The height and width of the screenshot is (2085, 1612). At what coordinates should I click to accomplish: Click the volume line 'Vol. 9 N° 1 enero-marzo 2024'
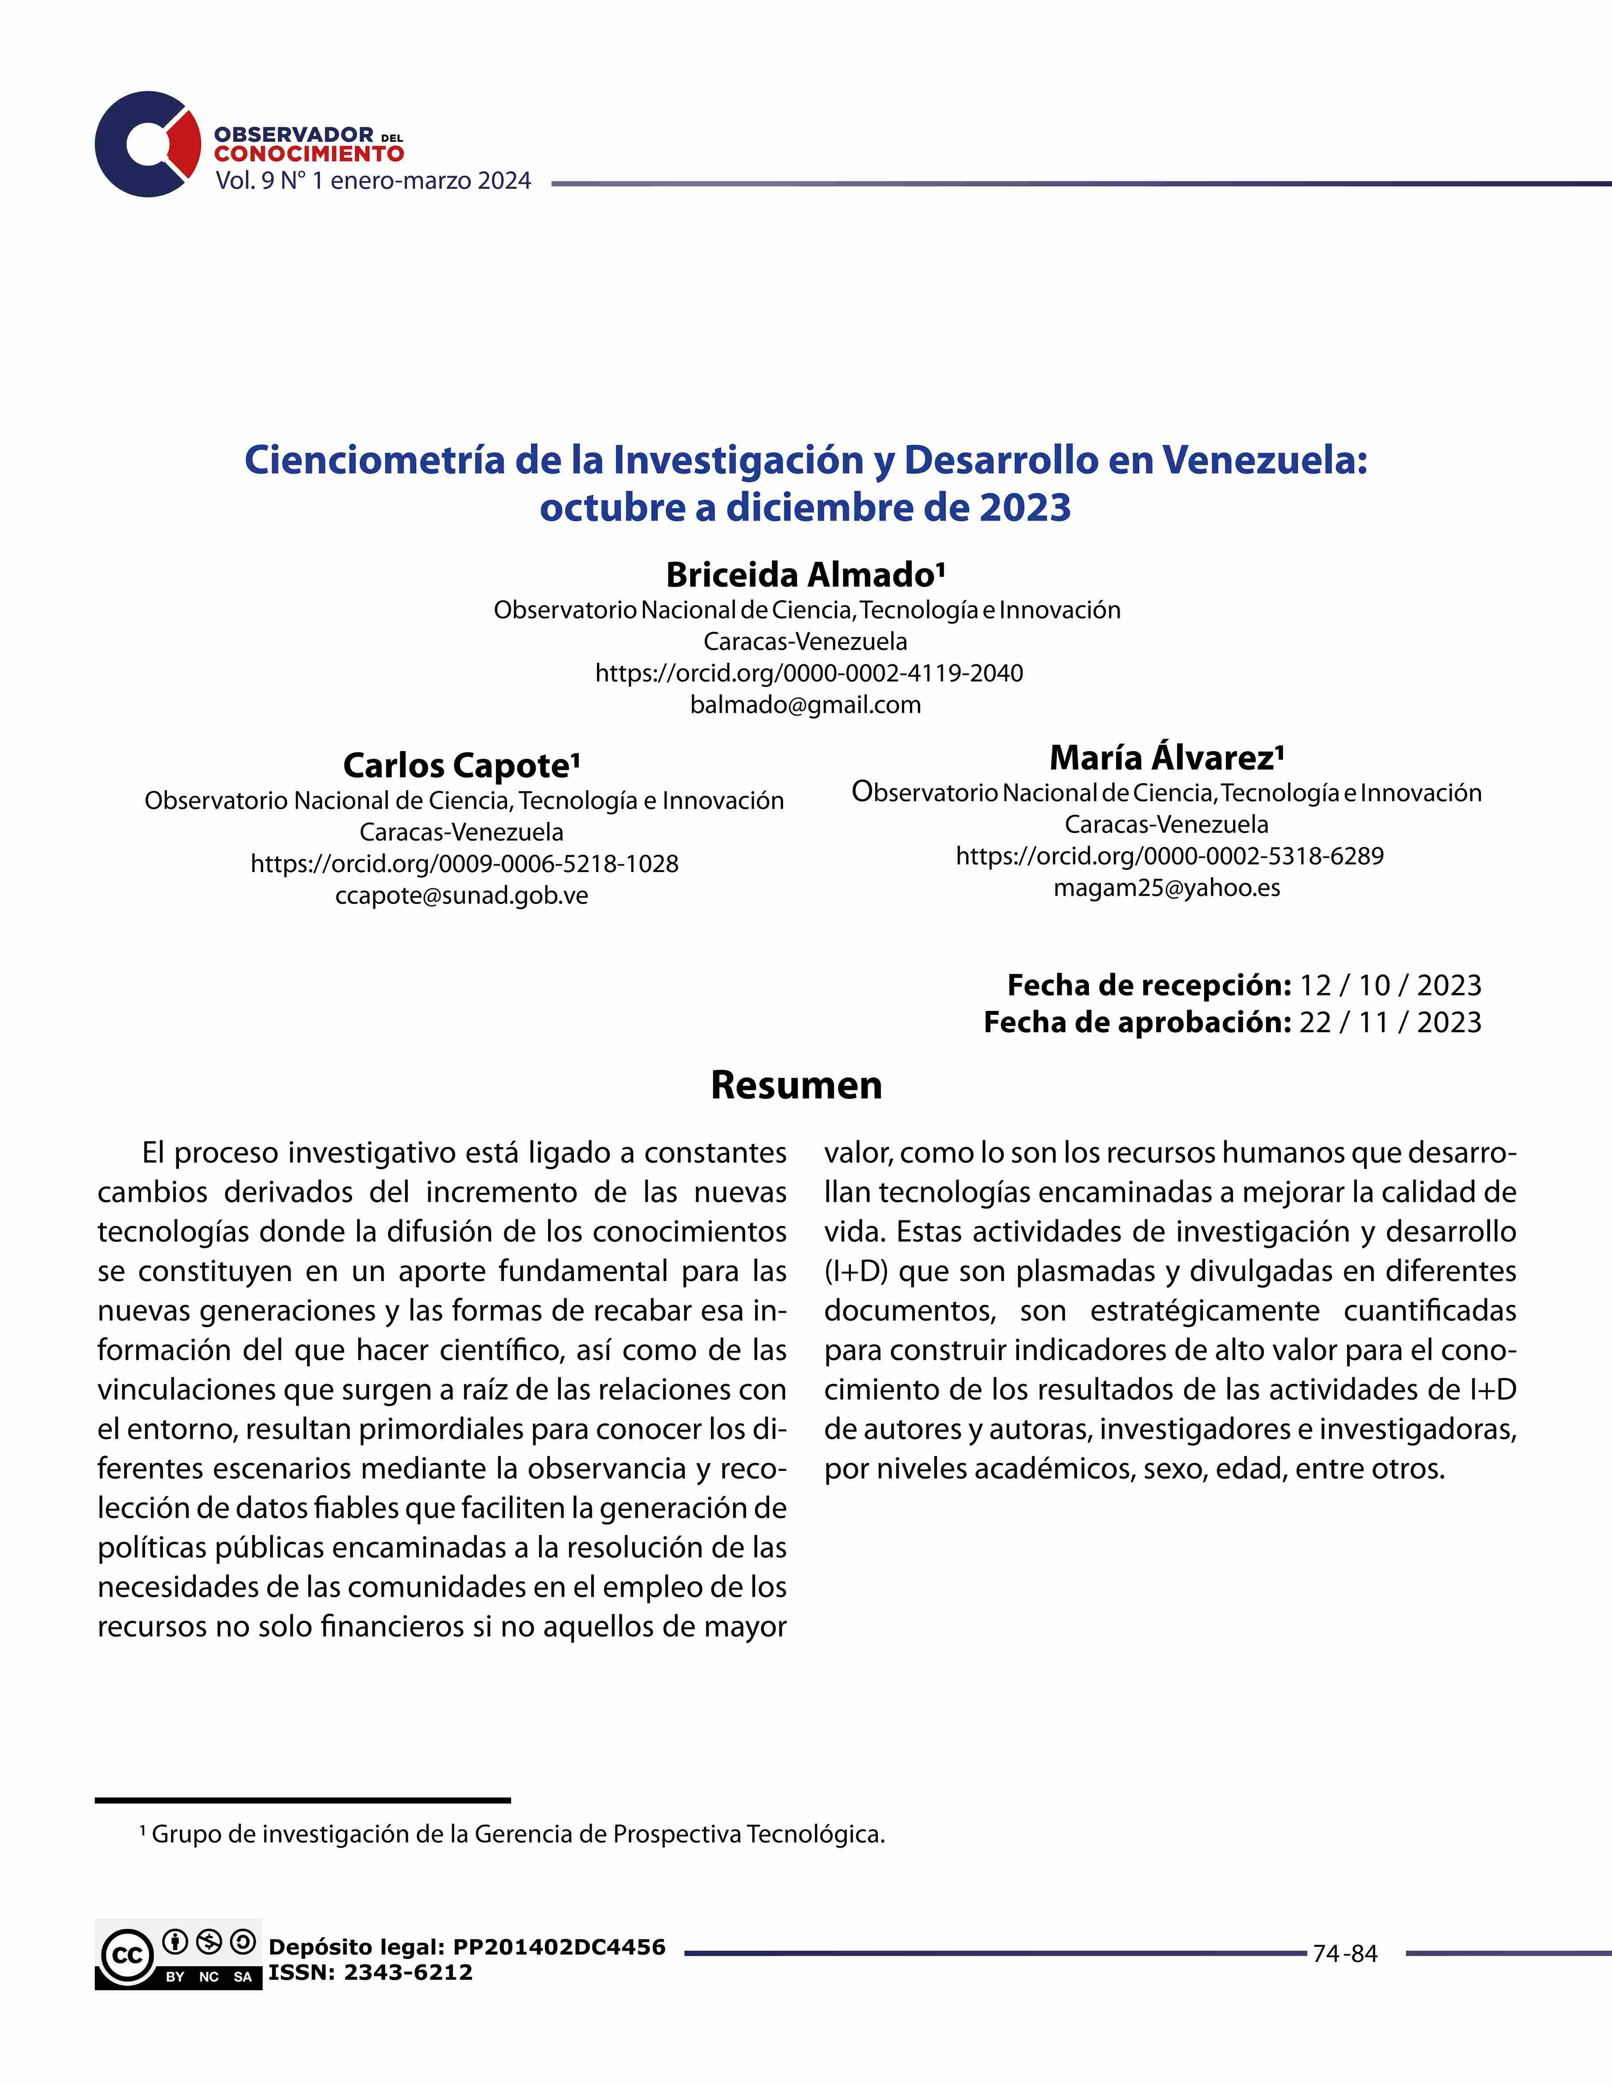(x=373, y=182)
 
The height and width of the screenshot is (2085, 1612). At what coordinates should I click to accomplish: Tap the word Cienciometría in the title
(x=374, y=460)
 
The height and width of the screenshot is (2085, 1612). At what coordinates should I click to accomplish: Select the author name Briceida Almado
(x=805, y=575)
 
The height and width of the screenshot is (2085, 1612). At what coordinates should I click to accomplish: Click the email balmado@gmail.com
(x=805, y=706)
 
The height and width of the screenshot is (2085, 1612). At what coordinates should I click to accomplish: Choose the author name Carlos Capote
(x=461, y=766)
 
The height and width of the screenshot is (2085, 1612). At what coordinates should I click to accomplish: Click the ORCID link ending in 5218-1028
(x=464, y=864)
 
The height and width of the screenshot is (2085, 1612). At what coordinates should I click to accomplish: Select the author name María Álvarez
(x=1166, y=758)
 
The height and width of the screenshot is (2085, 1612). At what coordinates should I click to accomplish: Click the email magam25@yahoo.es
(x=1166, y=888)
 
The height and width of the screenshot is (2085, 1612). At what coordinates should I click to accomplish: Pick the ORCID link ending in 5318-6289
(x=1169, y=857)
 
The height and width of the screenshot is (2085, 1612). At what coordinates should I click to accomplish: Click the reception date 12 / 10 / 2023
(x=1389, y=985)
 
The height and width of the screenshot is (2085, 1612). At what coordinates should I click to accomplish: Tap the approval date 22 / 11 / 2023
(x=1389, y=1022)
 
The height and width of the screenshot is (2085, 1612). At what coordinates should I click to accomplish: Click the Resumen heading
(x=796, y=1086)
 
